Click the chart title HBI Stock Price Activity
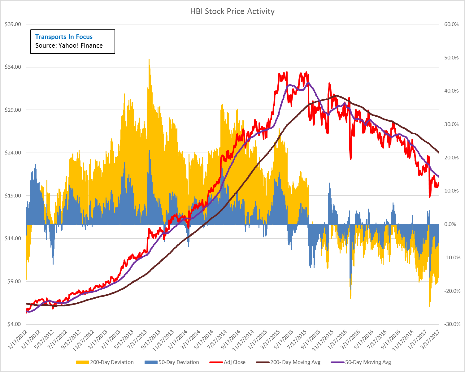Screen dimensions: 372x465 pos(232,11)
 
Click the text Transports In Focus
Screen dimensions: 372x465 pos(64,37)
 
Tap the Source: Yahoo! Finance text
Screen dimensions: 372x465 pos(69,45)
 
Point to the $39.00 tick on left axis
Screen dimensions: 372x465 pos(13,24)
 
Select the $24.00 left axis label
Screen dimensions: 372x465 pos(13,153)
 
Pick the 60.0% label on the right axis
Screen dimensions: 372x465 pos(451,24)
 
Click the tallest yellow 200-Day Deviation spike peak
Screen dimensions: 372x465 pos(149,60)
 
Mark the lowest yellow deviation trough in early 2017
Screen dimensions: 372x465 pos(429,306)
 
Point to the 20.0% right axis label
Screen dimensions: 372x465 pos(451,158)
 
